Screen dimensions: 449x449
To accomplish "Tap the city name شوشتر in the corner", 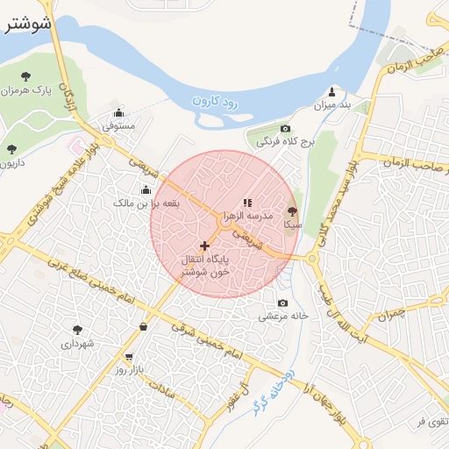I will (x=27, y=24).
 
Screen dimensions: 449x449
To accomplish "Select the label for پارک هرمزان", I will (x=23, y=90).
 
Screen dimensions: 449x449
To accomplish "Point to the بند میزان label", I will (x=332, y=105).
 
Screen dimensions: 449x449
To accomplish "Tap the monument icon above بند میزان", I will (x=332, y=91).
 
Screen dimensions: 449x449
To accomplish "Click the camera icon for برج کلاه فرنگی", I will (x=284, y=128).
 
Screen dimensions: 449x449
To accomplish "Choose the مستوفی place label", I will (x=119, y=126).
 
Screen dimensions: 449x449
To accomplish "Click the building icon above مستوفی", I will (x=119, y=112).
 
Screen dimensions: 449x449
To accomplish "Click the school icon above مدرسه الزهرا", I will (x=248, y=202).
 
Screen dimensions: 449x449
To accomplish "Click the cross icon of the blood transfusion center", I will (x=204, y=246).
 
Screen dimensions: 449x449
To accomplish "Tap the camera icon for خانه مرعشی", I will (x=282, y=303).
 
